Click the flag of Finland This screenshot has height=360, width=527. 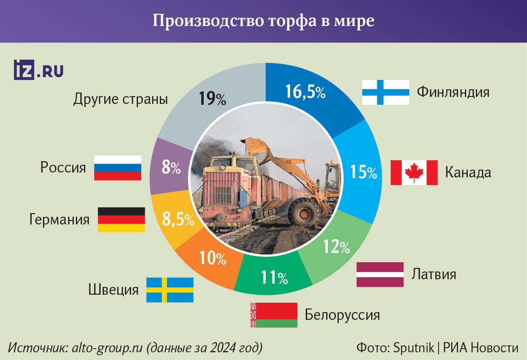coord(385,92)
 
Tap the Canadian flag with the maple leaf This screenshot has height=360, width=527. coord(414,172)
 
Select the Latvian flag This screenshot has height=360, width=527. coord(380,274)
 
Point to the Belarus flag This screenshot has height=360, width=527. coord(274,315)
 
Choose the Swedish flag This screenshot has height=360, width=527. coord(170,290)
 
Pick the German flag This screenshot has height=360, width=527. coord(121,220)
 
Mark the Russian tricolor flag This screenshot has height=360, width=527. coord(118,168)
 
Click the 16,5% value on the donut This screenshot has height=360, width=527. coord(305,92)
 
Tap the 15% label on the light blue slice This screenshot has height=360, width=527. coord(364,172)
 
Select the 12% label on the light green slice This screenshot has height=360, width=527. coord(336,246)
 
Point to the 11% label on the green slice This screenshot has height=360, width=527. coord(274,277)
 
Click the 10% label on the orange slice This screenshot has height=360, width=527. coord(212,258)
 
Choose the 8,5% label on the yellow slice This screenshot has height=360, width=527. coord(178,220)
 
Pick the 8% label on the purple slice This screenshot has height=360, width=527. coord(171,168)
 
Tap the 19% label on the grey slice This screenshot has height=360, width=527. coord(212,99)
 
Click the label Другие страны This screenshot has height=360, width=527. coord(120,99)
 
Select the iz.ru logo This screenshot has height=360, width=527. coord(39,70)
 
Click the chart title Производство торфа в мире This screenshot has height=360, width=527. coord(263,21)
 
